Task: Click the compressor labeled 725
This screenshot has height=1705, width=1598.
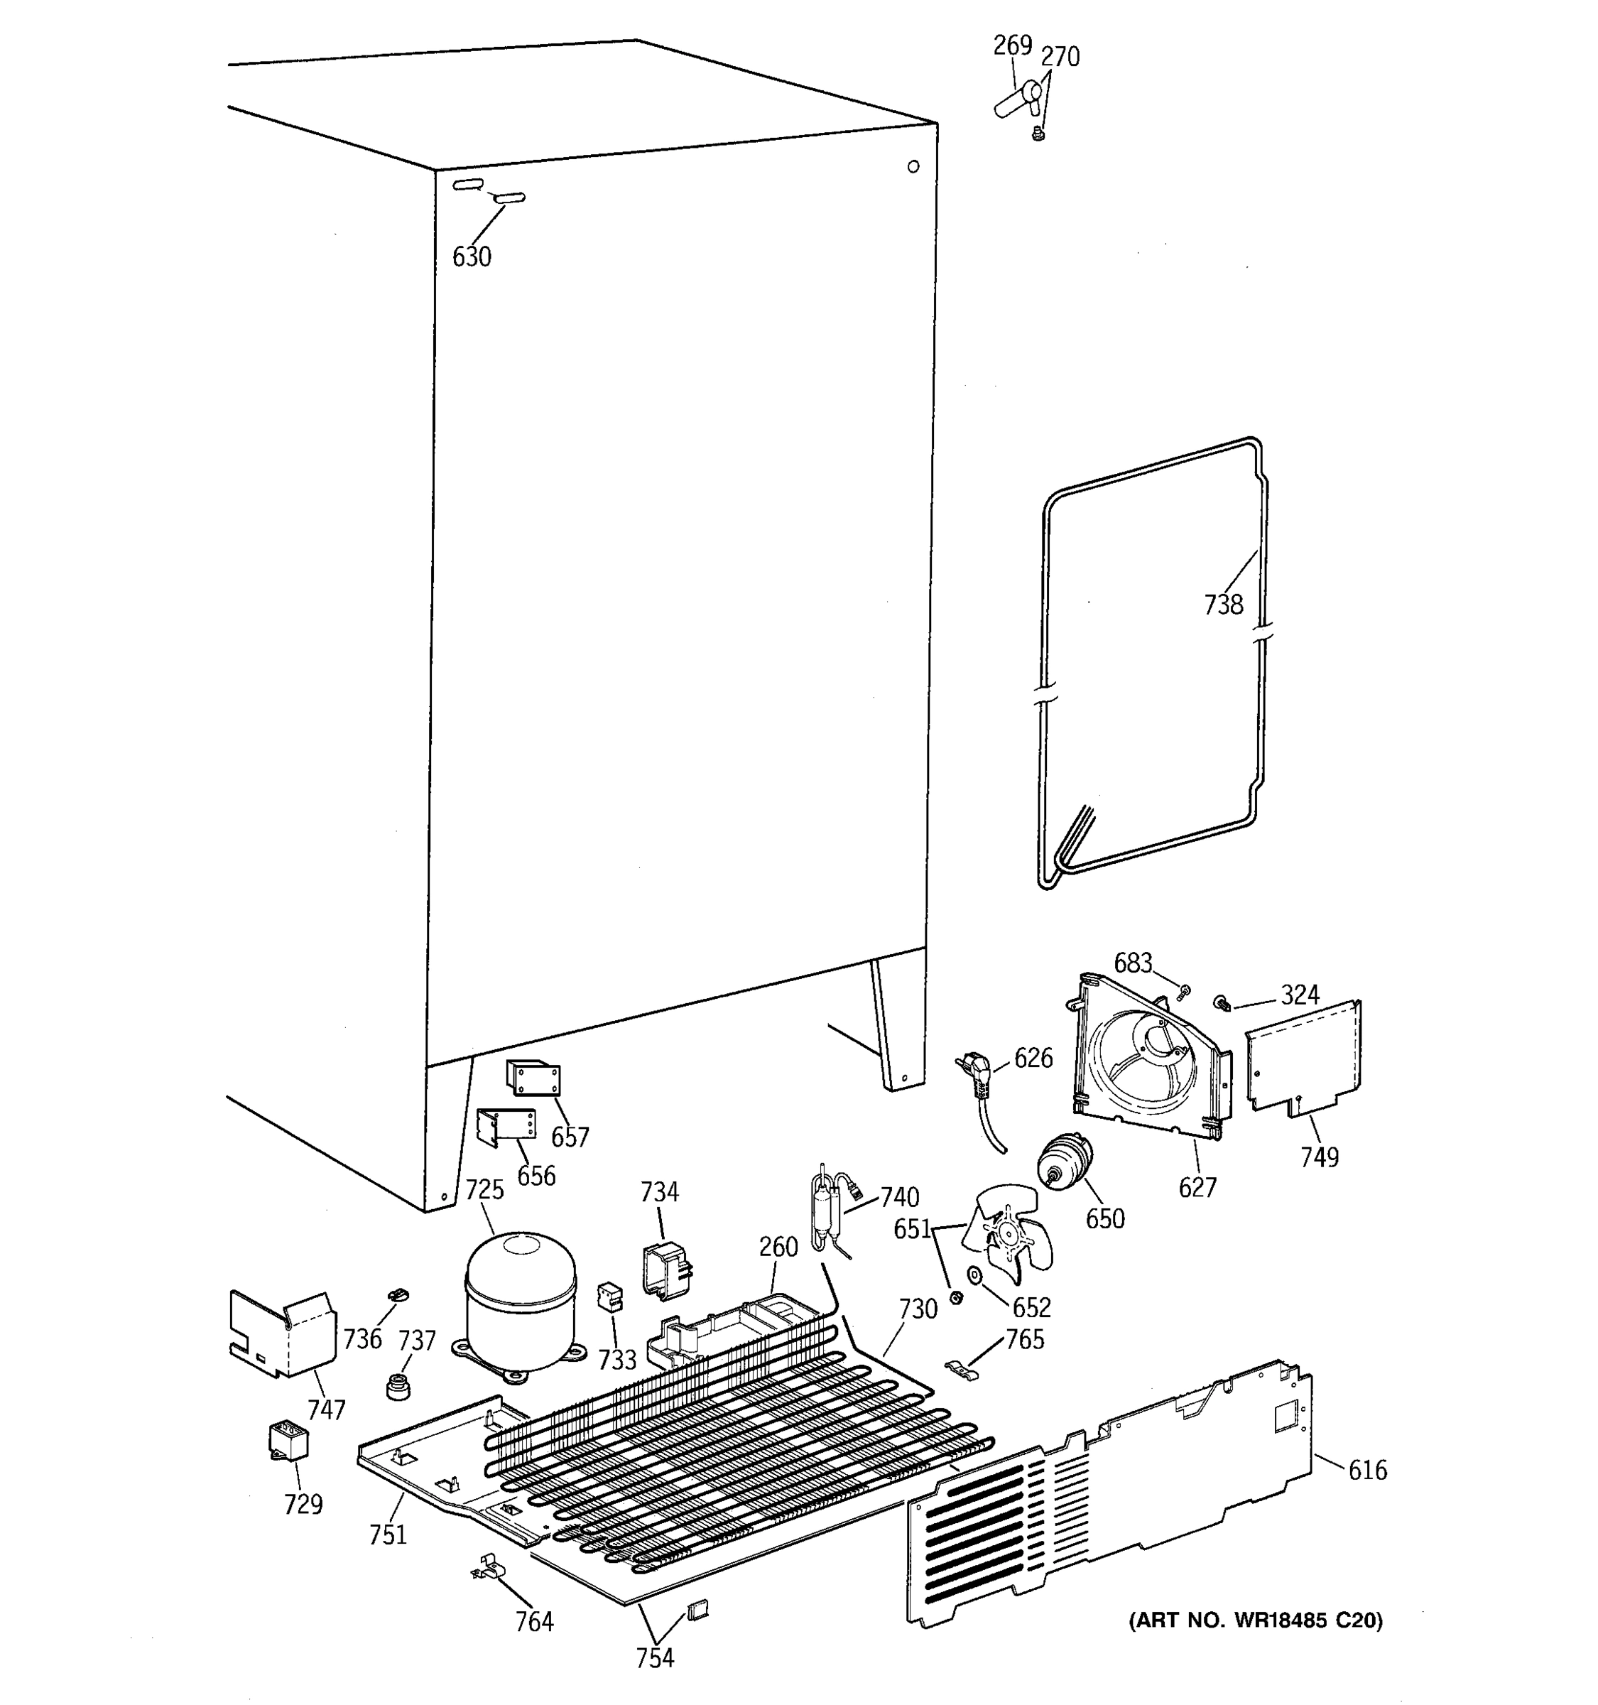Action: pos(519,1300)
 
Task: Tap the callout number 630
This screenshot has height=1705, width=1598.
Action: pos(472,256)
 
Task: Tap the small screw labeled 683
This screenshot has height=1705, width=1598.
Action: pos(1184,992)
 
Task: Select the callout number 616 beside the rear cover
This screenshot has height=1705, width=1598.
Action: pos(1366,1470)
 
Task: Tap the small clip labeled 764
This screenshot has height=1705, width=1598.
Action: pos(488,1569)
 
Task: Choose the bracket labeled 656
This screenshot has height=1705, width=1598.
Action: pos(505,1126)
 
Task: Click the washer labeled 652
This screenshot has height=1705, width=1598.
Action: pos(974,1275)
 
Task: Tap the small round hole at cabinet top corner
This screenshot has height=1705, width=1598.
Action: pos(913,166)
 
